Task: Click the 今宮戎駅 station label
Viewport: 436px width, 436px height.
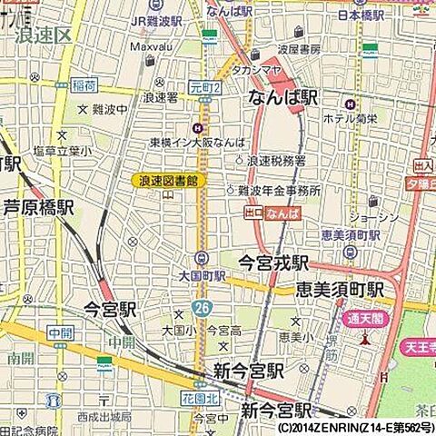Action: click(x=273, y=263)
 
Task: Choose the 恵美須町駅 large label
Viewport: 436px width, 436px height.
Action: click(x=339, y=290)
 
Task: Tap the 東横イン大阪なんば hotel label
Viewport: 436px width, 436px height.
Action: click(x=184, y=143)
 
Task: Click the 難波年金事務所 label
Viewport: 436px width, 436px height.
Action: click(x=280, y=191)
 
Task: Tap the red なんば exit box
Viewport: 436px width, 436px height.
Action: click(x=282, y=213)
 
